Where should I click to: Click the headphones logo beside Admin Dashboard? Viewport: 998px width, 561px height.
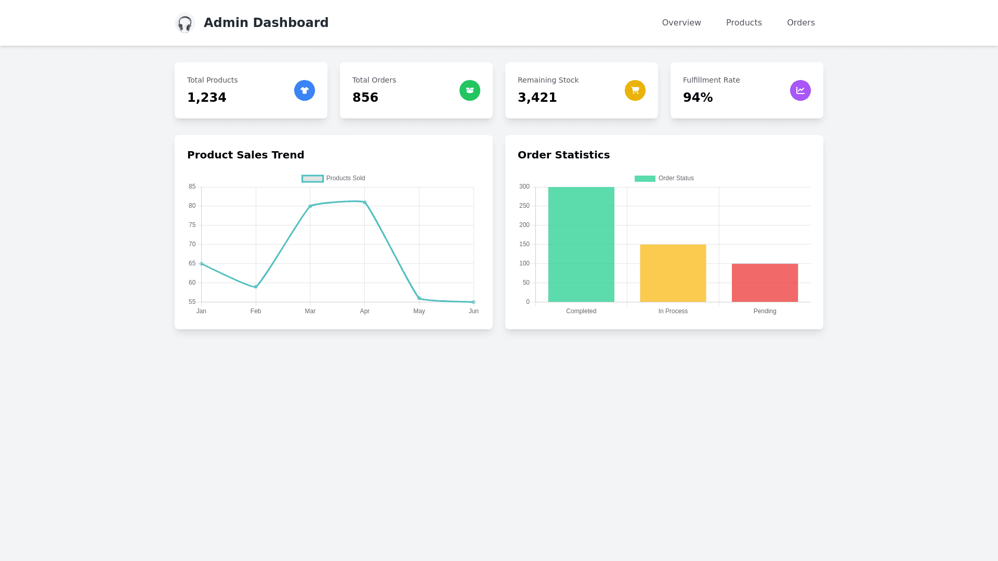tap(185, 23)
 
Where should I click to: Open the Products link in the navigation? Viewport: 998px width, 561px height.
tap(744, 23)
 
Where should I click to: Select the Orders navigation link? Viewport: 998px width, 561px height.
tap(800, 23)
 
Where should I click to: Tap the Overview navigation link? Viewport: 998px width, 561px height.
tap(681, 23)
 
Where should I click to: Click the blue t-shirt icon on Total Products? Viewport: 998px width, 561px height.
tap(305, 90)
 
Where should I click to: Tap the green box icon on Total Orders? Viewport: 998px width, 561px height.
tap(470, 90)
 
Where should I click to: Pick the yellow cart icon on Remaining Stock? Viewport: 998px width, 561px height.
tap(635, 90)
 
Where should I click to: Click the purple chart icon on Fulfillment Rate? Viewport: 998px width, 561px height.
tap(800, 90)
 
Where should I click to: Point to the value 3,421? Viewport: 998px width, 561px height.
tap(537, 98)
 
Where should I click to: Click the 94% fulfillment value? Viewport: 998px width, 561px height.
tap(698, 98)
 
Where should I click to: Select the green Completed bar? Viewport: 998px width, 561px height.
tap(581, 244)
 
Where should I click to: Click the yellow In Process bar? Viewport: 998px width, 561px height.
tap(673, 273)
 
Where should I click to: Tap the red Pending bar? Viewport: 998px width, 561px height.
tap(765, 283)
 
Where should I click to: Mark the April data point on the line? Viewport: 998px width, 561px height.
tap(365, 203)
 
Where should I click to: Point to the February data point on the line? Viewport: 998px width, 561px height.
tap(256, 287)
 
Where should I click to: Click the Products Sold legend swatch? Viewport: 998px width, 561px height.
tap(312, 179)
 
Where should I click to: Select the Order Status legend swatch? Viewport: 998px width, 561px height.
tap(645, 179)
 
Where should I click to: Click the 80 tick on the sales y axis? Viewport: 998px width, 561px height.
tap(192, 206)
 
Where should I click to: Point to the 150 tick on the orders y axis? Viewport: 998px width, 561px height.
tap(524, 245)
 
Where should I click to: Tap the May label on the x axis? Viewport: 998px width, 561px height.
tap(419, 311)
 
